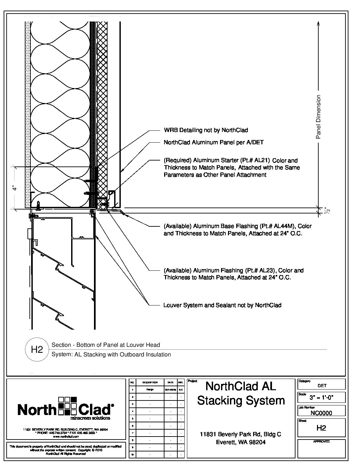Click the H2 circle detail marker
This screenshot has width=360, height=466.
[37, 349]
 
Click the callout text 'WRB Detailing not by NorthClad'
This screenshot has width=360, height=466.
[206, 130]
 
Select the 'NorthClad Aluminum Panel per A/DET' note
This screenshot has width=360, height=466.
[213, 142]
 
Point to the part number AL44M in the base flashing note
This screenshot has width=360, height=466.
[285, 226]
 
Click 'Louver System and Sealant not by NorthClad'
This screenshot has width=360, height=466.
[222, 305]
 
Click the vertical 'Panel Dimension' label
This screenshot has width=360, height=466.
[318, 117]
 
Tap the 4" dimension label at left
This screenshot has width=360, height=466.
[14, 188]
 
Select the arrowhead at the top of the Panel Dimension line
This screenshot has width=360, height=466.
[318, 23]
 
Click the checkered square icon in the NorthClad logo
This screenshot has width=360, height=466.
[67, 405]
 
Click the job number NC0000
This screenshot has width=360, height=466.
[321, 413]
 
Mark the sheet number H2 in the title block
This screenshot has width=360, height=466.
[321, 428]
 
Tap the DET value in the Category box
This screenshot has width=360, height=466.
[322, 386]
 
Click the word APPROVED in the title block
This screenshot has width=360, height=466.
[321, 442]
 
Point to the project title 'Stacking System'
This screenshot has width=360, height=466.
[241, 400]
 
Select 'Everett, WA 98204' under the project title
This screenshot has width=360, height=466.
[241, 442]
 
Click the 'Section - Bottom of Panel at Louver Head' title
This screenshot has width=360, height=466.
[106, 345]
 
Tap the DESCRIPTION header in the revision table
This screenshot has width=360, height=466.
[150, 382]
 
